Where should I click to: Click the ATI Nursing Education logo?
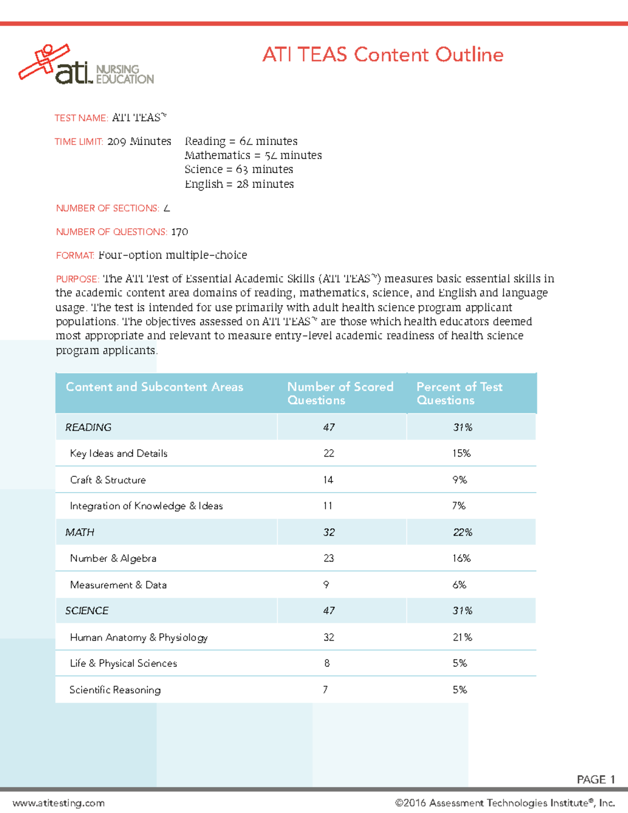(86, 65)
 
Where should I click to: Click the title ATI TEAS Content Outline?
(383, 54)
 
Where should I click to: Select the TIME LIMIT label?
(78, 142)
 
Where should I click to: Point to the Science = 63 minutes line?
(239, 170)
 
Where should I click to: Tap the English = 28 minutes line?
(239, 184)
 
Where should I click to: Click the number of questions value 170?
(180, 232)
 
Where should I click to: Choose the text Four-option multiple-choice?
(173, 255)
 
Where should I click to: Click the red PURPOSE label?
(77, 279)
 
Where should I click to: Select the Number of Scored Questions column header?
(340, 393)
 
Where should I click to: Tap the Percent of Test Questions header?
(459, 393)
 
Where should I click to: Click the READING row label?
(88, 427)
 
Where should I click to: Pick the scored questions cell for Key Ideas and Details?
(329, 453)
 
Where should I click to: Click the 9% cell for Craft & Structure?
(459, 480)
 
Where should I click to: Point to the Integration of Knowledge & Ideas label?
(146, 506)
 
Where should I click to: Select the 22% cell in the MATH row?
(462, 532)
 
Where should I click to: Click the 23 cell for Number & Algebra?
(329, 559)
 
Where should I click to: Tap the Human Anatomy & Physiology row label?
(139, 637)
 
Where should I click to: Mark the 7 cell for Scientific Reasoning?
(326, 689)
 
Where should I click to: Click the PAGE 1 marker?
(596, 779)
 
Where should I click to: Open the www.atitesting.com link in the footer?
(59, 803)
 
